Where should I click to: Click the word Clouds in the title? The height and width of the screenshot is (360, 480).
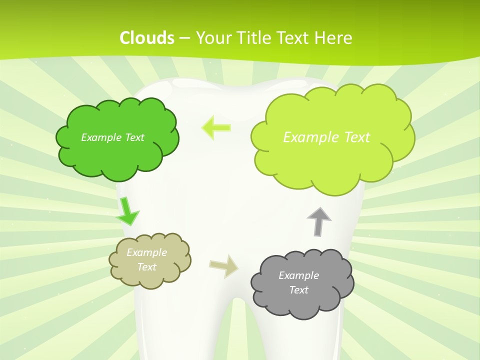pyautogui.click(x=147, y=38)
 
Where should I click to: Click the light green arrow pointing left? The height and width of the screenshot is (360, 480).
pyautogui.click(x=216, y=127)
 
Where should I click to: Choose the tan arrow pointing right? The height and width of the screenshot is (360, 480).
pyautogui.click(x=224, y=266)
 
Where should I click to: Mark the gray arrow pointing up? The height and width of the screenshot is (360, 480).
pyautogui.click(x=319, y=220)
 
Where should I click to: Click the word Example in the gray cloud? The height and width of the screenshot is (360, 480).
pyautogui.click(x=298, y=275)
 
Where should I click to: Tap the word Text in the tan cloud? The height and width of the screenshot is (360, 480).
pyautogui.click(x=146, y=267)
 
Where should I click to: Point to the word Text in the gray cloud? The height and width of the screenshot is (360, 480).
pyautogui.click(x=298, y=290)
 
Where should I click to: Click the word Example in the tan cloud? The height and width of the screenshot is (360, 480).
pyautogui.click(x=146, y=252)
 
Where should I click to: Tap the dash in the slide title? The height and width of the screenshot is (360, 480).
pyautogui.click(x=184, y=38)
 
